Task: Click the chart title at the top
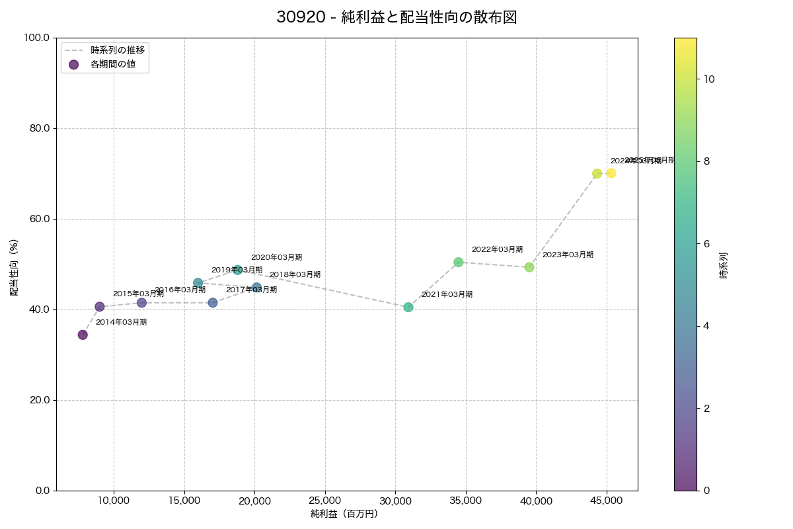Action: point(397,18)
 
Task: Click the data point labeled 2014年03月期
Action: point(83,335)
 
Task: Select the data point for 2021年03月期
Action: point(408,307)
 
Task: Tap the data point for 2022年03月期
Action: point(459,262)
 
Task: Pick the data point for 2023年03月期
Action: point(529,267)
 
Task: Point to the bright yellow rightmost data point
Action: point(611,173)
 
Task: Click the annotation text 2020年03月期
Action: point(276,257)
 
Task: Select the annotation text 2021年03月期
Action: point(447,294)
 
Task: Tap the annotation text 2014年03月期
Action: point(121,322)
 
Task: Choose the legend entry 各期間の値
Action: point(113,64)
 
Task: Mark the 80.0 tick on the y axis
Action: point(40,128)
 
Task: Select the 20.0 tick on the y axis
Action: point(40,400)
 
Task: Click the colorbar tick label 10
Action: point(709,79)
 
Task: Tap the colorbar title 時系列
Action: point(724,264)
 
